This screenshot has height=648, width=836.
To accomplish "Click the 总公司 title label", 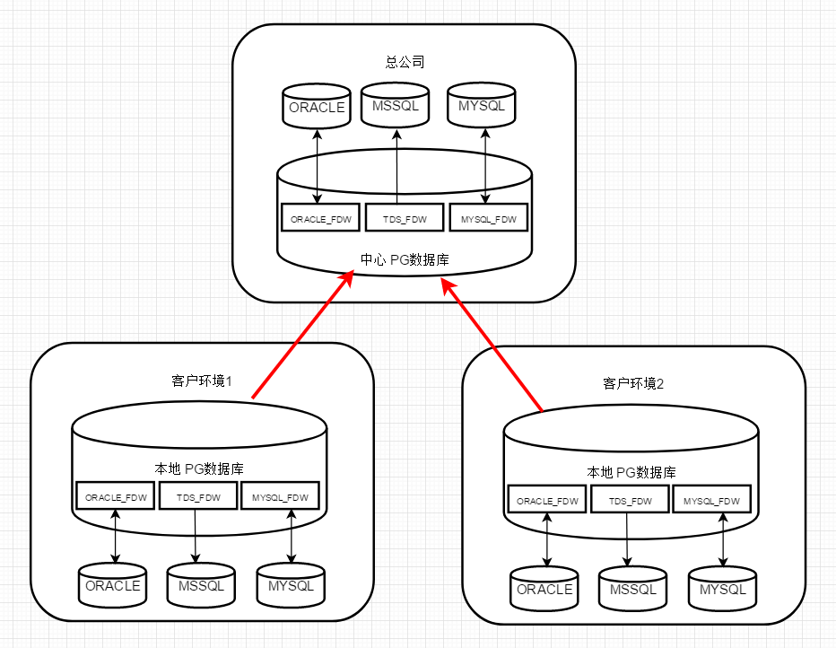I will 405,63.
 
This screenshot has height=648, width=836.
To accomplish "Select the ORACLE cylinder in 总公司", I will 317,107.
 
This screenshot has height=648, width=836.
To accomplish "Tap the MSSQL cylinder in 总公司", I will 396,106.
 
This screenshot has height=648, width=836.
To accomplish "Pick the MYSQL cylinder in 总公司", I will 482,106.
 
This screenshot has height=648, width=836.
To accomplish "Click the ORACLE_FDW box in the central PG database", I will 320,218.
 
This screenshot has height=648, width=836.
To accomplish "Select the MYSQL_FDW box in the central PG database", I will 488,218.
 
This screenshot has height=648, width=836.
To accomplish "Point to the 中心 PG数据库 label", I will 405,260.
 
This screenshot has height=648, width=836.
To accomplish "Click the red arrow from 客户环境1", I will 300,336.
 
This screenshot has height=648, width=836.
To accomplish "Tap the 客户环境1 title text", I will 202,381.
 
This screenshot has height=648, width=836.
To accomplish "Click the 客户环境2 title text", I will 633,384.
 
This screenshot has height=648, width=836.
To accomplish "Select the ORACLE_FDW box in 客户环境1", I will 116,496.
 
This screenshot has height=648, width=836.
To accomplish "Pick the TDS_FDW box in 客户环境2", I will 629,500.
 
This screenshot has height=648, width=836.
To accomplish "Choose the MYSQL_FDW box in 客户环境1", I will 280,496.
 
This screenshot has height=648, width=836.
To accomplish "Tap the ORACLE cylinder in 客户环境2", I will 544,590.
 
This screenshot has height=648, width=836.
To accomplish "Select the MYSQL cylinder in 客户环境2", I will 722,590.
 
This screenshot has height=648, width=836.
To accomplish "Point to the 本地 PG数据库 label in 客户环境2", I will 631,472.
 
